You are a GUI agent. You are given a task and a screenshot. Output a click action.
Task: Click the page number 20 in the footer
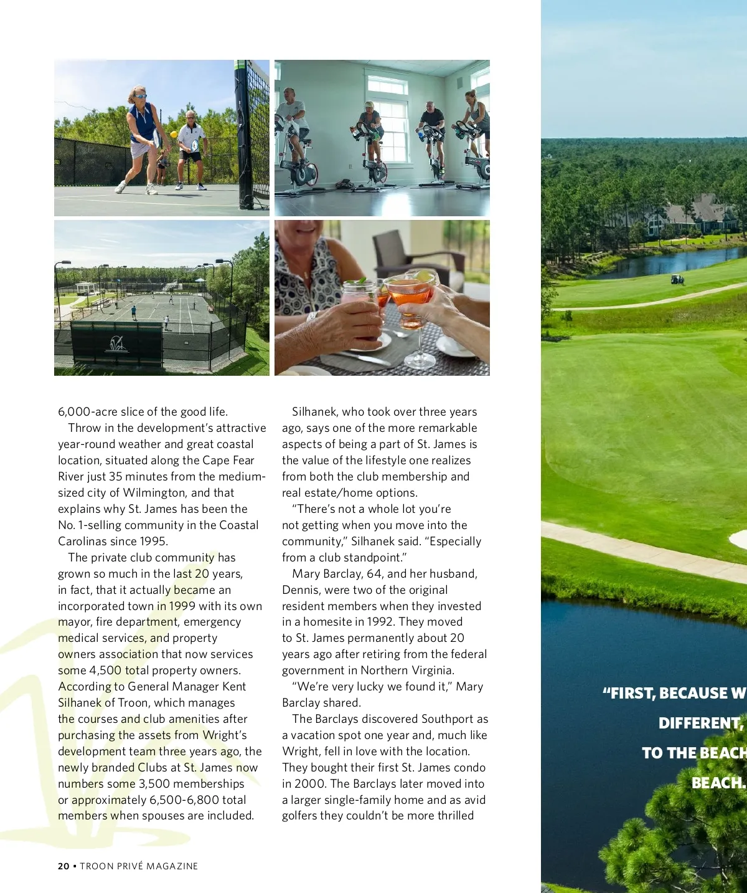[63, 866]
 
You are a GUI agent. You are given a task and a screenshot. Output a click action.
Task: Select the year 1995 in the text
[153, 542]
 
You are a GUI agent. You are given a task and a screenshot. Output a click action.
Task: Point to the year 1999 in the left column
[182, 606]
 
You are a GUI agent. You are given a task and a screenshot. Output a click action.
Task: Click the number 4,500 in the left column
[105, 671]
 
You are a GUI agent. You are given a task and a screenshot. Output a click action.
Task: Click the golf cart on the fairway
[677, 279]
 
